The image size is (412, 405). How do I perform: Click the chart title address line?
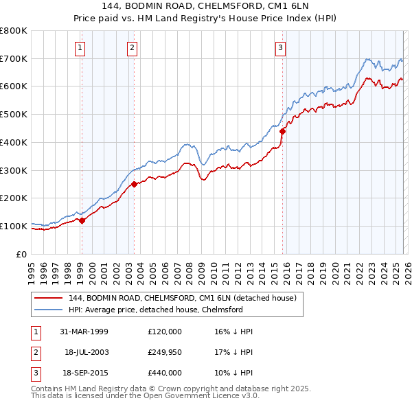point(206,6)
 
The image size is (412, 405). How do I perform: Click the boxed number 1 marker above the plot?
point(81,47)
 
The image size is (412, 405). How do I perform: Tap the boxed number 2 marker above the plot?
point(131,47)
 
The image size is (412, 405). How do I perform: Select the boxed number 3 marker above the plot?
point(281,47)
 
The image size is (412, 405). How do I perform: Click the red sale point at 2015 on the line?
point(282,130)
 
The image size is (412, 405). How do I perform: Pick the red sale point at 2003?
point(135,183)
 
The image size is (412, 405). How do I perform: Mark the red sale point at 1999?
point(82,220)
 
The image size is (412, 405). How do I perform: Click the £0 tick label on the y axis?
point(22,254)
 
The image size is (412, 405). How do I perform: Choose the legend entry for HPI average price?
point(156,310)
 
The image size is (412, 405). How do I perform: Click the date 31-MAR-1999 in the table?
point(83,332)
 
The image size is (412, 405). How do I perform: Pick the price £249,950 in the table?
point(164,352)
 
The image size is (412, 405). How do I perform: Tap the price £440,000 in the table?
point(164,373)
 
